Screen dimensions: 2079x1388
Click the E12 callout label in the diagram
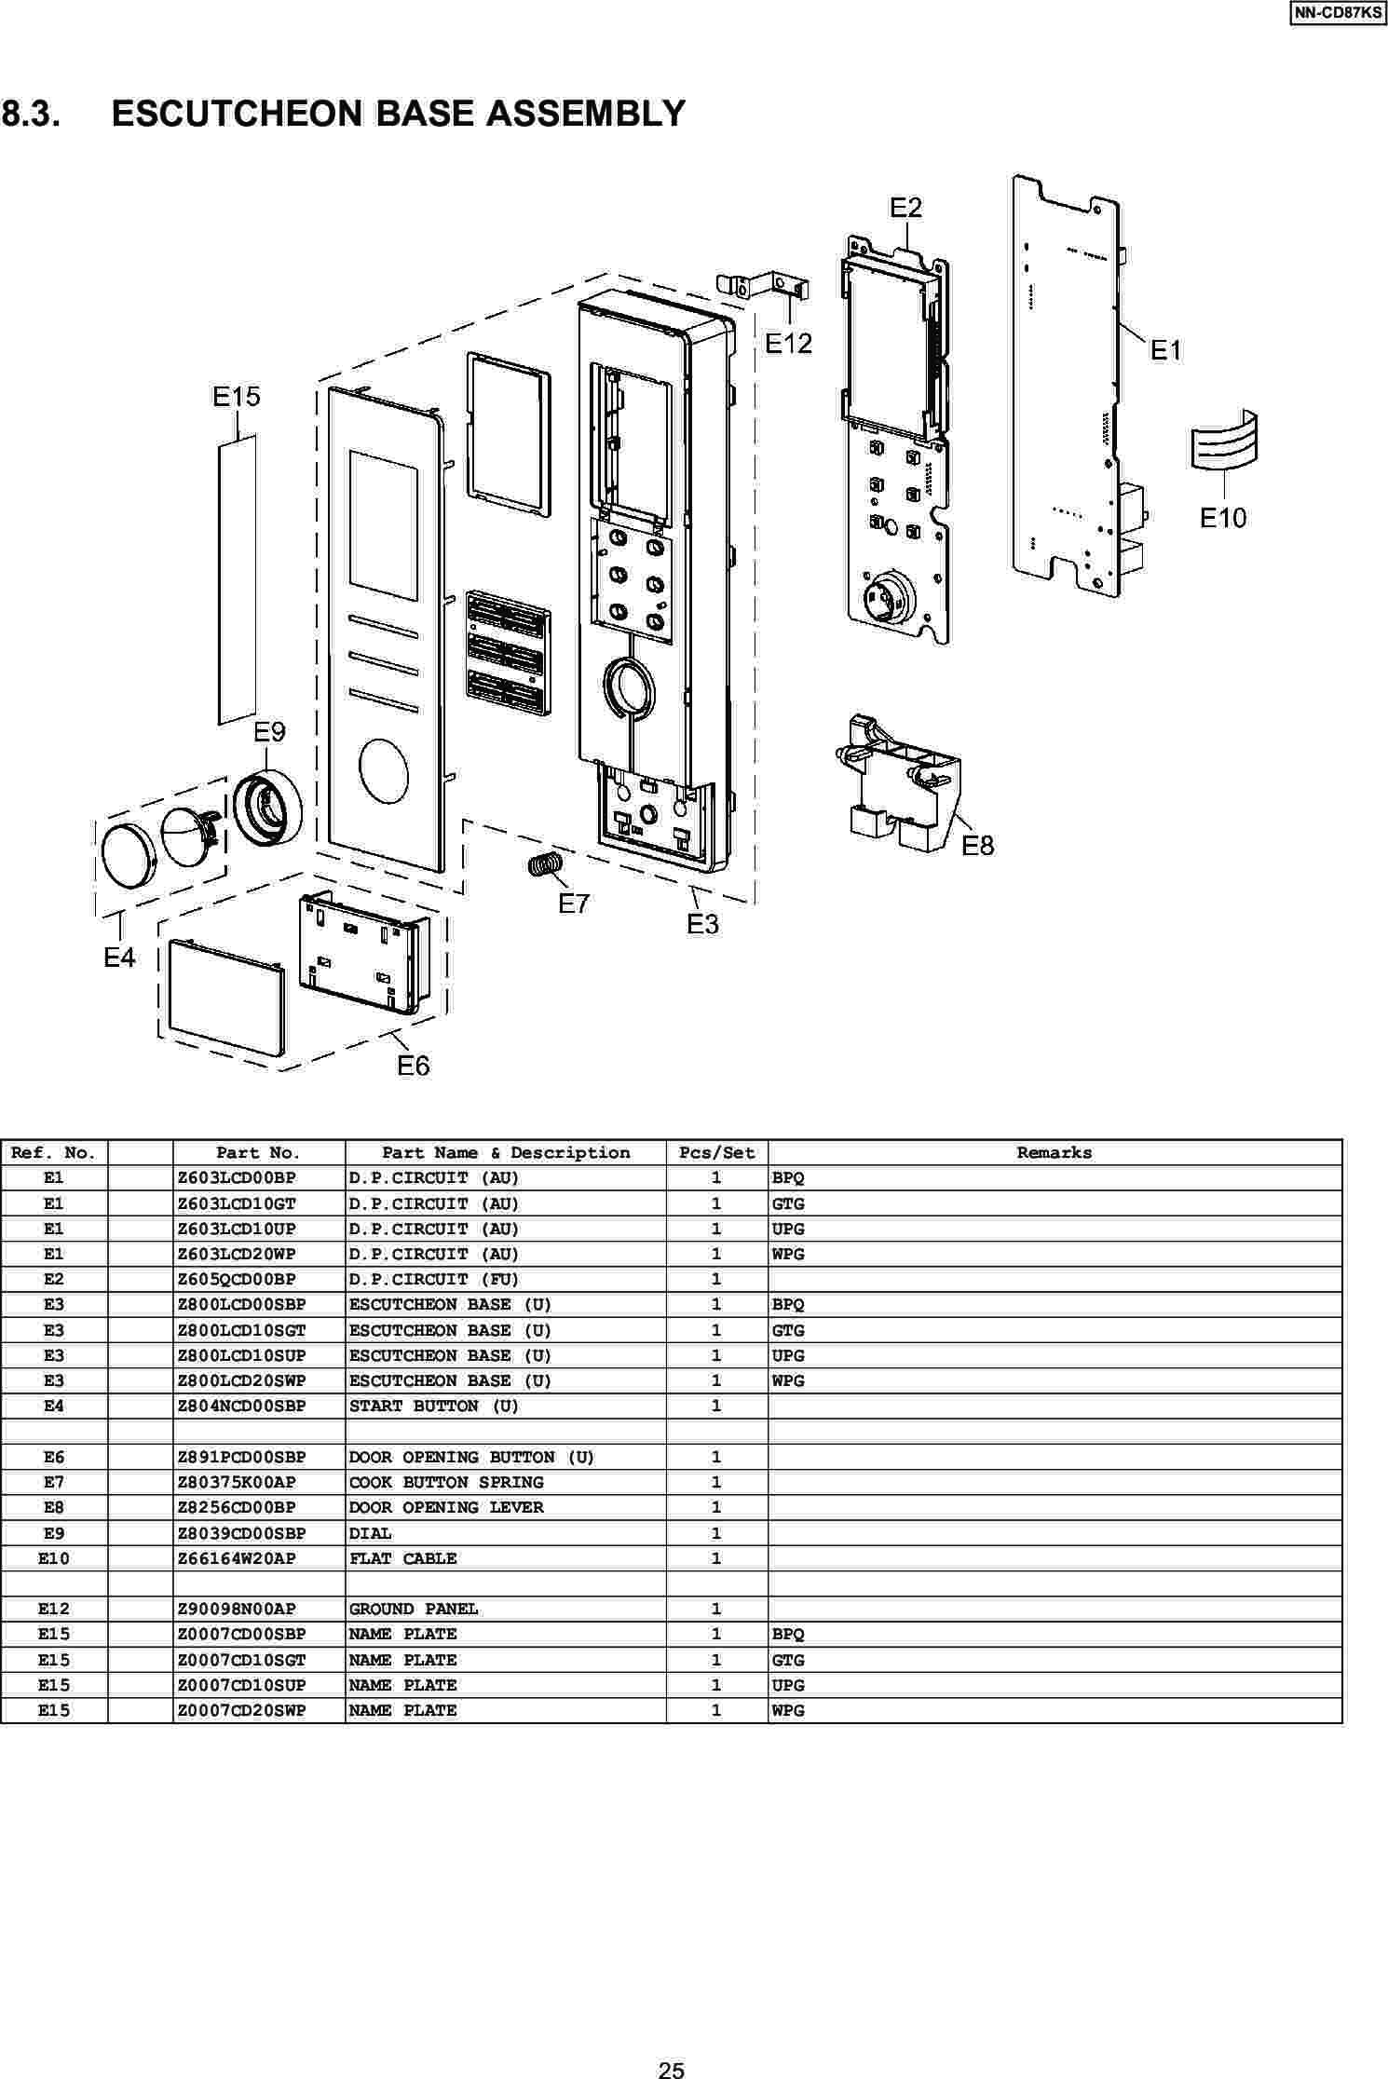tap(788, 344)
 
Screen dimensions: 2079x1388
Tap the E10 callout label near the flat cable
tap(1222, 517)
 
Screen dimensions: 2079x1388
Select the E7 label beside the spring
tap(574, 904)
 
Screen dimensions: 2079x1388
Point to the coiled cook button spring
tap(545, 864)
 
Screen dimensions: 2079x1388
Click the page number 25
tap(671, 2064)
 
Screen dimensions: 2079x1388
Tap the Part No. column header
tap(258, 1153)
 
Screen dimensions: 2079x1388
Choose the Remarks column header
tap(1054, 1153)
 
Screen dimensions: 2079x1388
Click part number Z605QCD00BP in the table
tap(237, 1280)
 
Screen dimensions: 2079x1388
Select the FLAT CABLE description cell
tap(402, 1558)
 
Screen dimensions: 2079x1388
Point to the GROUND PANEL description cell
tap(414, 1609)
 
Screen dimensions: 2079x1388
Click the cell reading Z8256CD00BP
tap(237, 1507)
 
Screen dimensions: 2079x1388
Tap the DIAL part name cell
tap(371, 1533)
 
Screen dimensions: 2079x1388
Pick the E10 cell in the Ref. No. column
tap(53, 1558)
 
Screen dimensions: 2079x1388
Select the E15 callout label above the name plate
tap(237, 397)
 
